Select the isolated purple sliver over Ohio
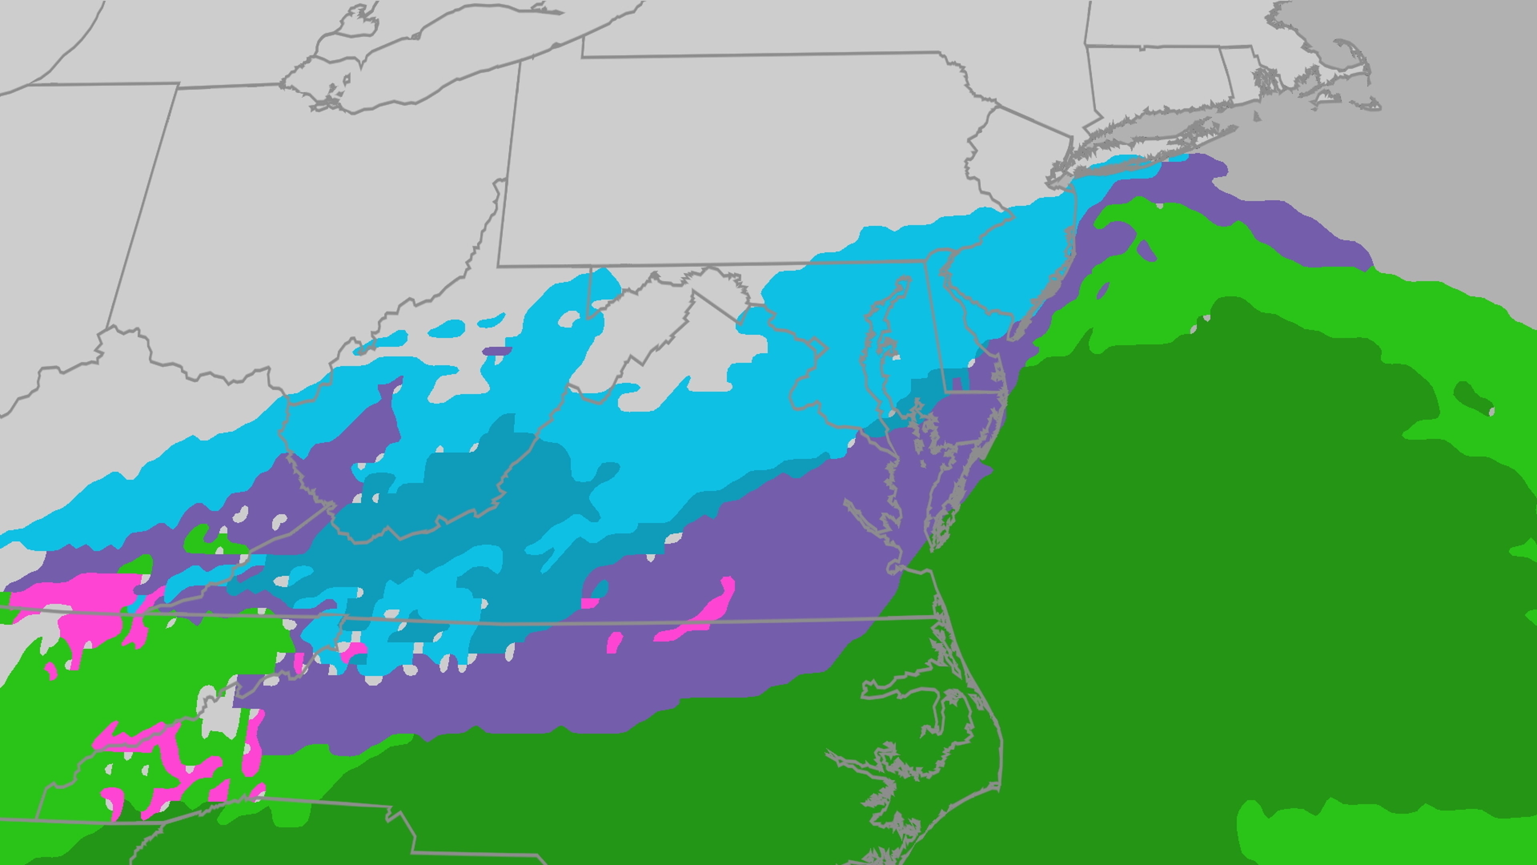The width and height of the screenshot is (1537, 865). [496, 350]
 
